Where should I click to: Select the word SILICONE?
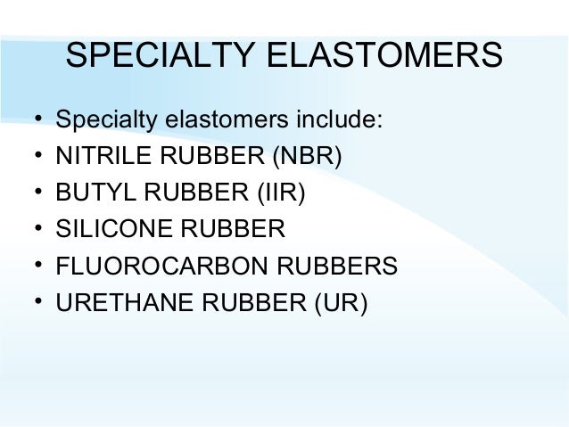point(112,229)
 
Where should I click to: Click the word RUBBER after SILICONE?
point(234,229)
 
